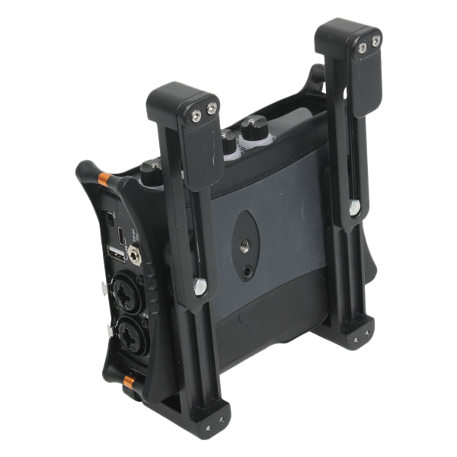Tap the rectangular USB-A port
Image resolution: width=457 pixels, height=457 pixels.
click(116, 252)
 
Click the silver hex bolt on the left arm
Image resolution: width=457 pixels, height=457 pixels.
click(200, 286)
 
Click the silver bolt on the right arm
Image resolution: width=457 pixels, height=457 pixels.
click(354, 206)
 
